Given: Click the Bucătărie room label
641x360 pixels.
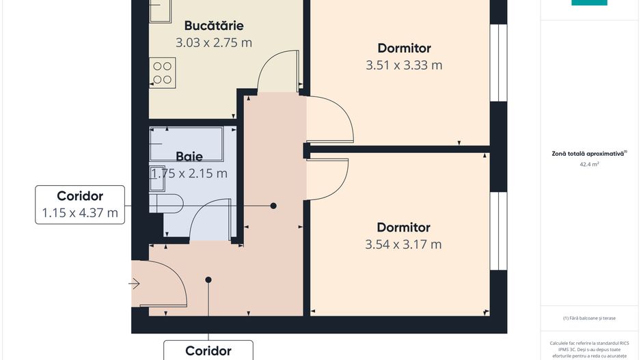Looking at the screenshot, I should click(x=213, y=26).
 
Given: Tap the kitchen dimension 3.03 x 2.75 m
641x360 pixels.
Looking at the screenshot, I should click(x=213, y=42).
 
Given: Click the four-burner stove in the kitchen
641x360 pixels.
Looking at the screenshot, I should click(x=163, y=72).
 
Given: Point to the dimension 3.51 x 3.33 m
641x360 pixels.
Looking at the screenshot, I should click(x=404, y=66).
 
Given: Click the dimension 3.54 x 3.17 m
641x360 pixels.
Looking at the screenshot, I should click(x=403, y=245).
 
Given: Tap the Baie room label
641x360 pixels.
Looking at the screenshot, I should click(x=189, y=156).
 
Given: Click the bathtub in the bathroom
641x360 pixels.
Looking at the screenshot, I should click(x=187, y=143).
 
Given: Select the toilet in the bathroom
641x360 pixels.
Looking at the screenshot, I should click(x=168, y=202).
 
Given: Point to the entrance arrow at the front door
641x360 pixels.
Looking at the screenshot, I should click(x=135, y=283).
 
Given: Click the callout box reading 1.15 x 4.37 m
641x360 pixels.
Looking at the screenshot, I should click(x=80, y=204).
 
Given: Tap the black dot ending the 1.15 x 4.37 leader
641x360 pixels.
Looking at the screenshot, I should click(x=273, y=206).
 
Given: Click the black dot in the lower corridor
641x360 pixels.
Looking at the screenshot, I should click(x=208, y=279).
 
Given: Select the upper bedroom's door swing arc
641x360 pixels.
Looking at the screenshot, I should click(x=331, y=122).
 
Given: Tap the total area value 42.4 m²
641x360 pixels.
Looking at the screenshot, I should click(x=589, y=165).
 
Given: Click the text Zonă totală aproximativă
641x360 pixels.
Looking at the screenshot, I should click(x=589, y=154).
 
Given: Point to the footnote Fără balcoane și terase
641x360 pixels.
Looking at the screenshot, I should click(x=589, y=318).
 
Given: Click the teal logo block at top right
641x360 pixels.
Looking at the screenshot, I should click(x=589, y=3).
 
